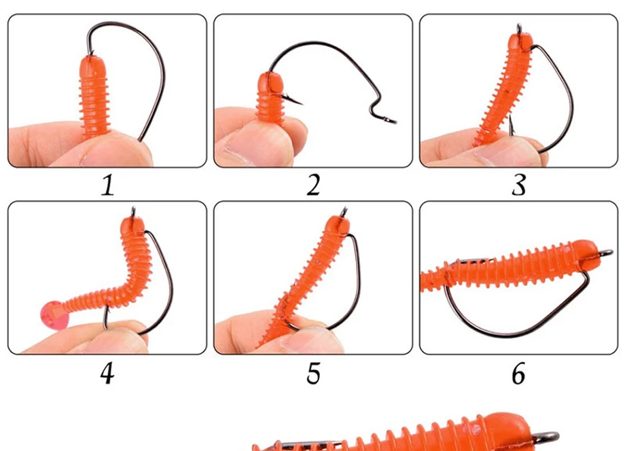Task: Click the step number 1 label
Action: point(107,185)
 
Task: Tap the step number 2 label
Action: point(313,185)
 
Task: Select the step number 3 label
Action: point(519,185)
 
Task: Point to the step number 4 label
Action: point(107,374)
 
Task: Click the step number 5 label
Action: point(313,374)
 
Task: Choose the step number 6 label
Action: point(518,374)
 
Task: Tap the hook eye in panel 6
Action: point(604,253)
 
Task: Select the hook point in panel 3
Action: point(512,124)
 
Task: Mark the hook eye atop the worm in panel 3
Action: point(520,29)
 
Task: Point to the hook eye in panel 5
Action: point(344,211)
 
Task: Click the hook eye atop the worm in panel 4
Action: point(134,211)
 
